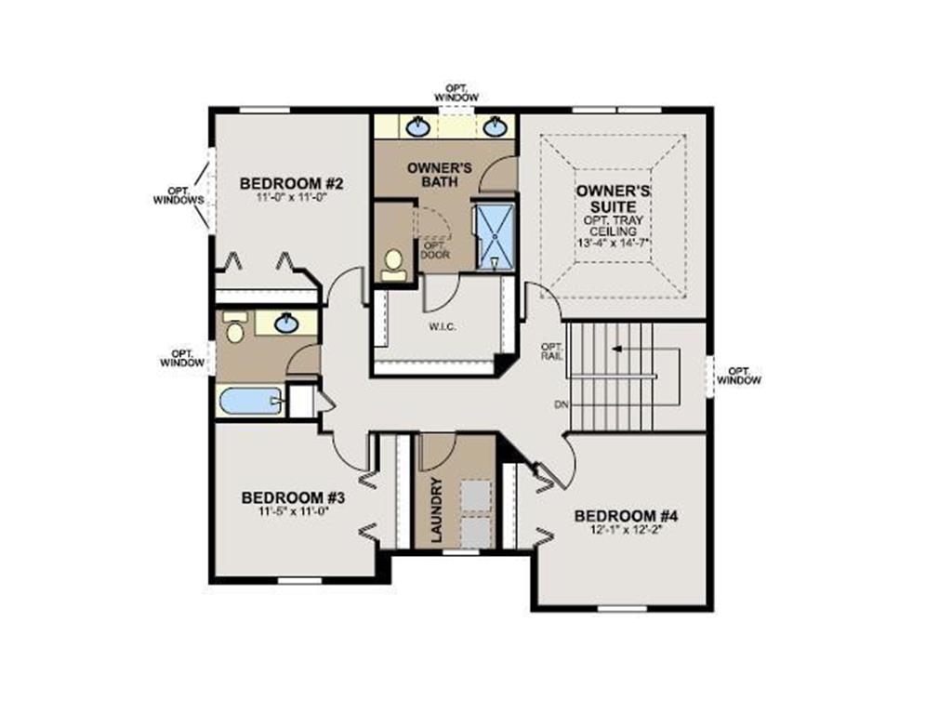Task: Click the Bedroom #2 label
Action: (291, 183)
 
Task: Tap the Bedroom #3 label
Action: (293, 498)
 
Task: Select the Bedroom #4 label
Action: (626, 516)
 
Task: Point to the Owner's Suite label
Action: (614, 199)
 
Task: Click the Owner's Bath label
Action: (440, 174)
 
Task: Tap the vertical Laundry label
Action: (437, 510)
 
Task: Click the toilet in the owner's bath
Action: (393, 265)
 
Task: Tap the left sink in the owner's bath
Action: (418, 126)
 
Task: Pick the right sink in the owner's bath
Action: (495, 126)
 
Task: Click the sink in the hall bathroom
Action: (286, 323)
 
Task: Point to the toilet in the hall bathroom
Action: (234, 326)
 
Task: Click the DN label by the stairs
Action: (560, 404)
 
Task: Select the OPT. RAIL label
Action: (552, 350)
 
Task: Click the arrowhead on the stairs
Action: (617, 350)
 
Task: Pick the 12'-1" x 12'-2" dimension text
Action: (626, 529)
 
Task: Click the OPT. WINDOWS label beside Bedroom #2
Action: (178, 195)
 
